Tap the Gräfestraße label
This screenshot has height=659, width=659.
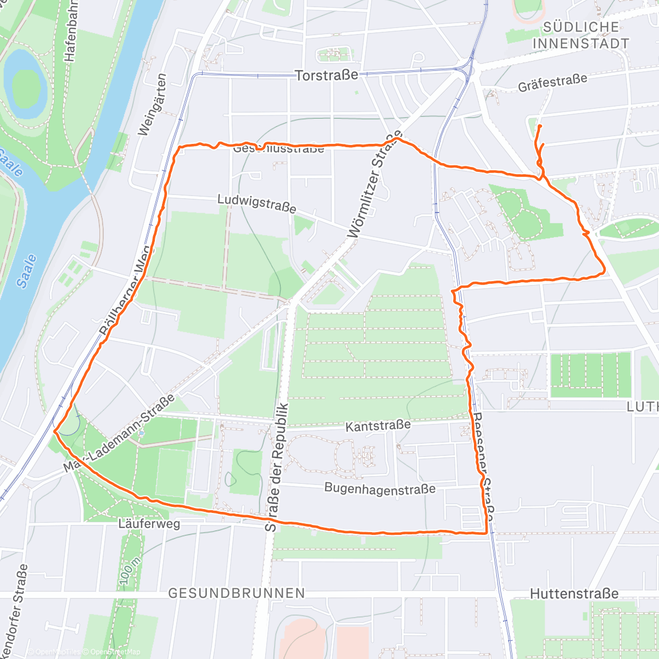pos(552,83)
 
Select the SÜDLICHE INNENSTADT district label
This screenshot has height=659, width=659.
pos(580,35)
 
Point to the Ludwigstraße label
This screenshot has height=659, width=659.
pos(256,204)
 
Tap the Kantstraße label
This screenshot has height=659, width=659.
pos(378,426)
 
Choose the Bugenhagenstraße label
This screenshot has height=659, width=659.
pos(379,489)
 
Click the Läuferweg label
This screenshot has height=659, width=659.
pos(149,524)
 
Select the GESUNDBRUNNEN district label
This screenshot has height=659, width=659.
pos(236,593)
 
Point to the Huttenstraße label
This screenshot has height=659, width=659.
pos(574,594)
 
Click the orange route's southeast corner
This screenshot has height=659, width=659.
pos(487,533)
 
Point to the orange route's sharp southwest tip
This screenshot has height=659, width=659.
pos(54,432)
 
